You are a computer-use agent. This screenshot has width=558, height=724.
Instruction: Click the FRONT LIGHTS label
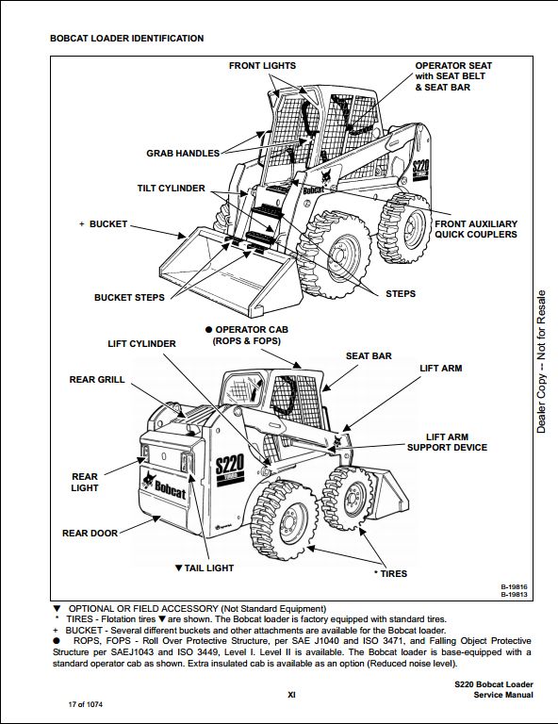coord(262,66)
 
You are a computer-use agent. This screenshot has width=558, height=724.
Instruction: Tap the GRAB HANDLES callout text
coord(183,154)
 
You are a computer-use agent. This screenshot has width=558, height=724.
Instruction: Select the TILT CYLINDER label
coord(171,189)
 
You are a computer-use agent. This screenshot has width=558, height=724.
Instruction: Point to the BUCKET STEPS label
coord(129,298)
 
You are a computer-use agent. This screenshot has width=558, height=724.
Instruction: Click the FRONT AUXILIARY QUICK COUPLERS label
coord(476,229)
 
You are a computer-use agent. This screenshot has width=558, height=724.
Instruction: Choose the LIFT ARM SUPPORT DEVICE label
coord(447,442)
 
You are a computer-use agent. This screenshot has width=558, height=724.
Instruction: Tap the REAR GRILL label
coord(97,380)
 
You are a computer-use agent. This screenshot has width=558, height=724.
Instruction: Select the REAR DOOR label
coord(90,534)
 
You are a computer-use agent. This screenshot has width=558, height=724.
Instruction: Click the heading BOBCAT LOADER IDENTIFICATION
coord(127,39)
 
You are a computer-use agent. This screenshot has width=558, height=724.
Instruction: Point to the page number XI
coord(291,695)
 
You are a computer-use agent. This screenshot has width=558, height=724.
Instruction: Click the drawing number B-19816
coord(514,587)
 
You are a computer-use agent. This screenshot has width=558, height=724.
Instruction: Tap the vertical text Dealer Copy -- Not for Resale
coord(541,362)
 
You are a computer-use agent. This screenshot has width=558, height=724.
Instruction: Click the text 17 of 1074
coord(86,704)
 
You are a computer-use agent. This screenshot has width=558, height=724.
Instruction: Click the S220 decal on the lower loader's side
coord(229,466)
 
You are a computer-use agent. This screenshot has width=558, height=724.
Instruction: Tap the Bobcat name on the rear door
coord(170,490)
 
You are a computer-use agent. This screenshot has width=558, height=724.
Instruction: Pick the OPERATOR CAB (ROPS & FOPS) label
coord(247,336)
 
